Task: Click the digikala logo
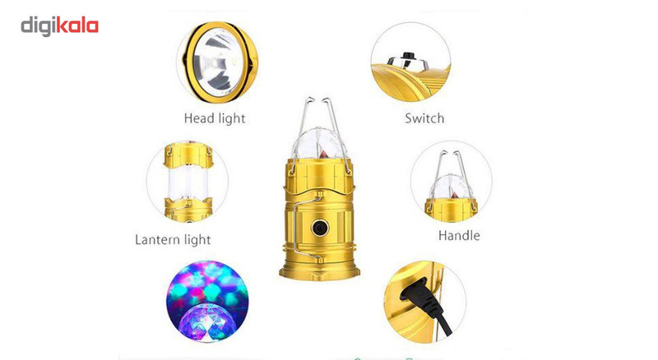pos(59,26)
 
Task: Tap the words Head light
pos(215,118)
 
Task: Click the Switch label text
pos(424,118)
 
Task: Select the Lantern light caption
pos(173,239)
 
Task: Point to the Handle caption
pos(459,235)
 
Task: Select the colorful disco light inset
pos(207,302)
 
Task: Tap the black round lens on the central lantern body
pos(320,228)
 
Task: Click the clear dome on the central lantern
pos(320,145)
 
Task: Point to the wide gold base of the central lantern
pos(320,270)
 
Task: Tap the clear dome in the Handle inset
pos(451,187)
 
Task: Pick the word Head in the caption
pos(199,118)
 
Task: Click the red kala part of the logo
pos(77,26)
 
